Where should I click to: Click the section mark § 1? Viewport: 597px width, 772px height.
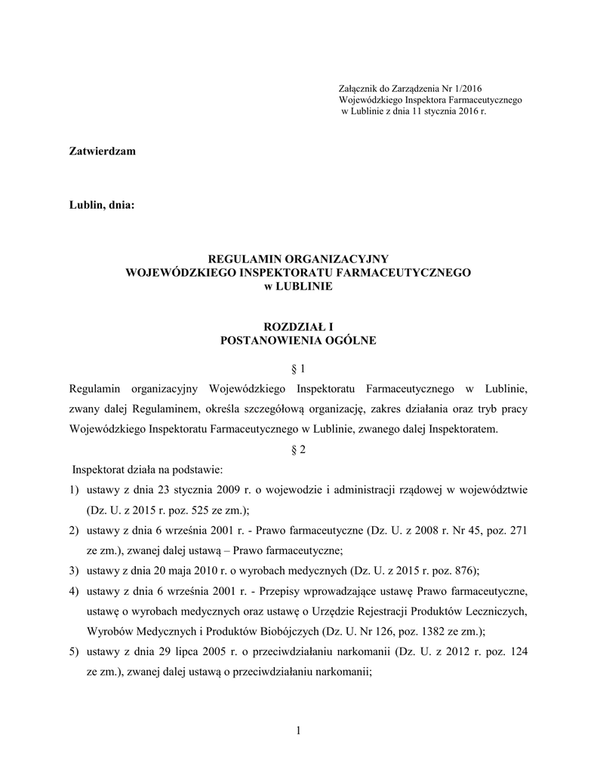click(298, 369)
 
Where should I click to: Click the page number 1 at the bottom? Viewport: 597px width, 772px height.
click(298, 730)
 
